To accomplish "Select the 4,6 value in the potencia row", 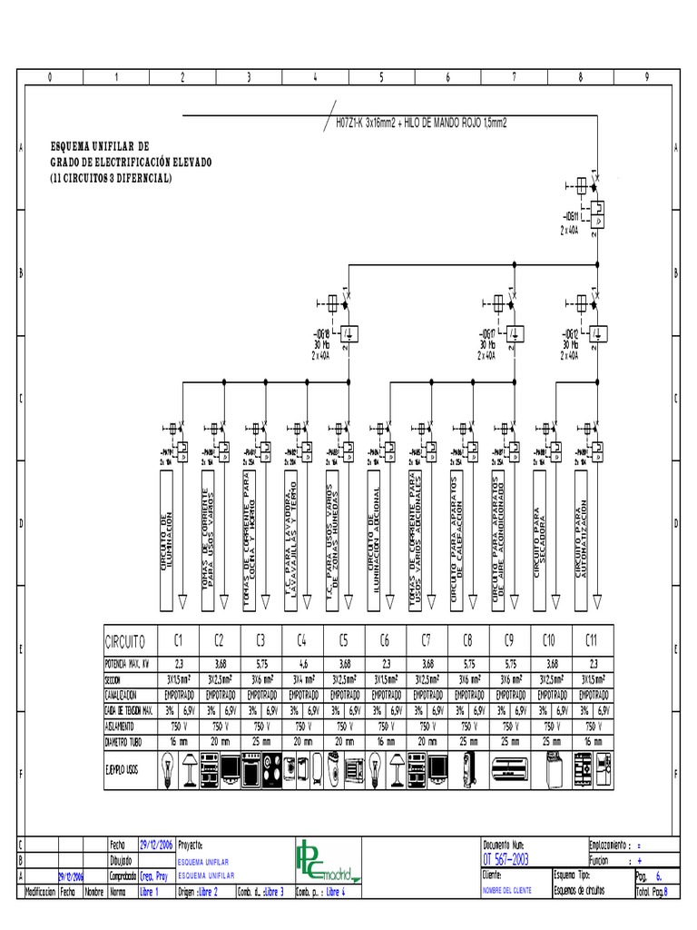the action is click(x=301, y=663).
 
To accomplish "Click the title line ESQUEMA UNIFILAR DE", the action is click(x=101, y=145).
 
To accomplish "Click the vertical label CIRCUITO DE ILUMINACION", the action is click(x=165, y=543).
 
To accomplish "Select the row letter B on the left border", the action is click(x=21, y=272).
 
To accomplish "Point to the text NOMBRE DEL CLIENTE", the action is click(x=509, y=892).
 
